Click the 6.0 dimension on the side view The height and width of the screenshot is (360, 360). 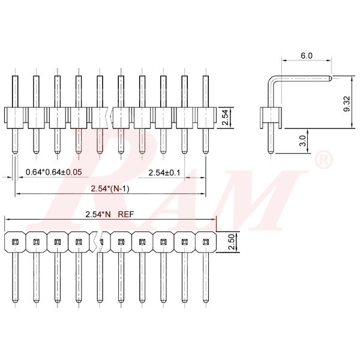(306, 55)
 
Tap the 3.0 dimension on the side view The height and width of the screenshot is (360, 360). (303, 141)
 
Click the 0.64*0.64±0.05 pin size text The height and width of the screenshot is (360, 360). (54, 172)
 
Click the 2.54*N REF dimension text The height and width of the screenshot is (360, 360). (110, 214)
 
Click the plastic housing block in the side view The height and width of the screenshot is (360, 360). (271, 118)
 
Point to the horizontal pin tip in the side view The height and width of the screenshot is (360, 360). (330, 77)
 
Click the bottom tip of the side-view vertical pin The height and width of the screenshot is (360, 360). (271, 151)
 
